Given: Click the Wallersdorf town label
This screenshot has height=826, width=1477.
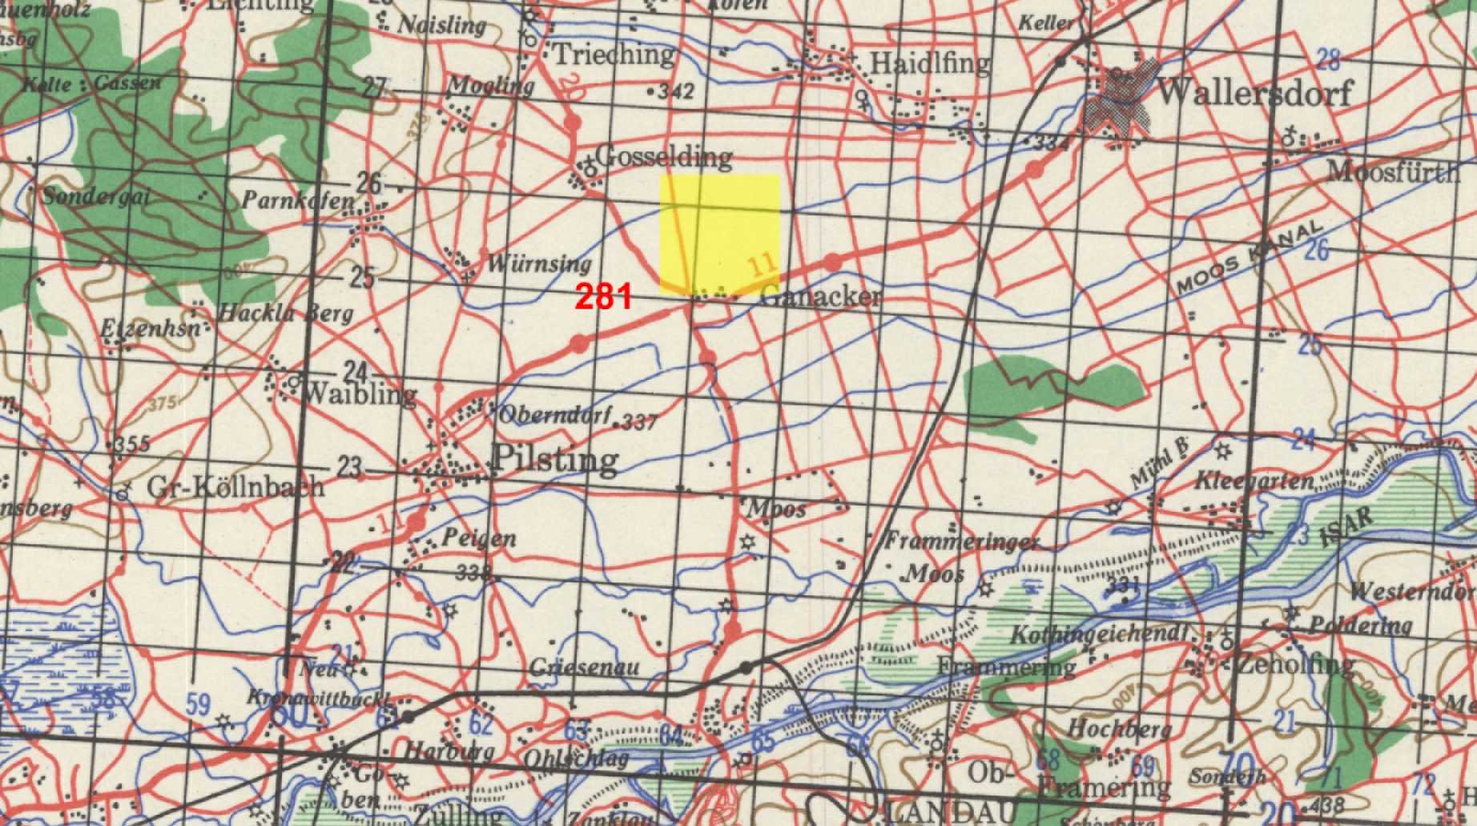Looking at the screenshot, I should coord(1254,93).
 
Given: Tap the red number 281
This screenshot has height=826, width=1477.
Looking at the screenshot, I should coord(604,297).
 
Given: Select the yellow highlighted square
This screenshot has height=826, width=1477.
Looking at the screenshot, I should coord(719,232).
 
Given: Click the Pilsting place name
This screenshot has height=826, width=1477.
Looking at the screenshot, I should coord(555,459).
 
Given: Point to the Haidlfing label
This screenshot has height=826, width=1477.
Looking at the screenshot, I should coord(929,62).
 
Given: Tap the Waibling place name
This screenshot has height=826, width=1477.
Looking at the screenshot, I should coord(360,393).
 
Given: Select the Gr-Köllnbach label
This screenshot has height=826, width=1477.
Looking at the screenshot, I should coord(236,486).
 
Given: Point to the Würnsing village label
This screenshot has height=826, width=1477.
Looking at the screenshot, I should coord(538,263).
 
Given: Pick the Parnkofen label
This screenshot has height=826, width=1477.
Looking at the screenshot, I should coord(297,199).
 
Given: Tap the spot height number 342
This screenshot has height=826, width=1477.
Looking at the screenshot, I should coord(675,91).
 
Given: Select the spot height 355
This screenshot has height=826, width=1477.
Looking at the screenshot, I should coord(131,443).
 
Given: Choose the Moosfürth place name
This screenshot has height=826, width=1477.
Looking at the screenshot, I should coord(1393,171).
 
